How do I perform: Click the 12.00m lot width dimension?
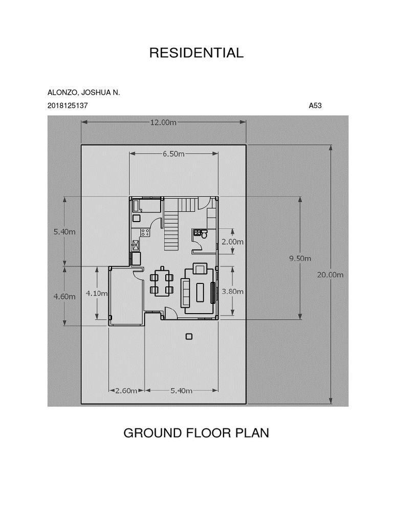(x=163, y=123)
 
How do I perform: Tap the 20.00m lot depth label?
(x=330, y=275)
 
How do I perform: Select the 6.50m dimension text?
(x=173, y=154)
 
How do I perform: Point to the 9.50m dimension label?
(x=300, y=258)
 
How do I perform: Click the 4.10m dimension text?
(x=97, y=293)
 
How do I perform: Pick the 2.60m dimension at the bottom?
(x=126, y=390)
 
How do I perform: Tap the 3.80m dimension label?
(x=233, y=291)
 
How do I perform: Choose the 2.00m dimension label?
(x=233, y=242)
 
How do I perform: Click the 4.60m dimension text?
(x=64, y=296)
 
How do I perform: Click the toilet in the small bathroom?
(x=204, y=234)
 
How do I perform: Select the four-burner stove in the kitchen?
(x=145, y=232)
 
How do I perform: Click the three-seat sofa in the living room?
(x=185, y=292)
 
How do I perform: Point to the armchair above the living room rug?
(x=201, y=269)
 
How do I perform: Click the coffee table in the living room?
(x=201, y=292)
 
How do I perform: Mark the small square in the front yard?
(x=189, y=337)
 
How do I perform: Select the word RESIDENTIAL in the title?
(x=196, y=53)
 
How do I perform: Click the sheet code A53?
(x=315, y=105)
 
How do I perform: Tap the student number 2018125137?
(x=68, y=105)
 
